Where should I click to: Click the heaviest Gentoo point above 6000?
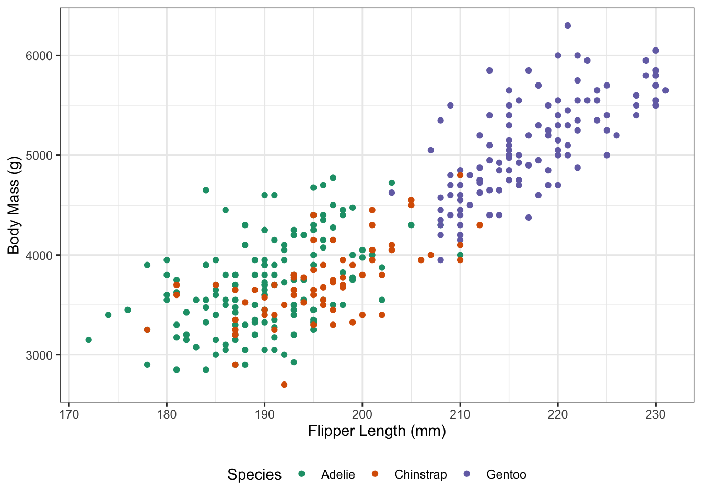(x=568, y=26)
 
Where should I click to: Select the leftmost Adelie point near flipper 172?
(x=89, y=340)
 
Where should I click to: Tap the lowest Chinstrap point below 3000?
(x=284, y=385)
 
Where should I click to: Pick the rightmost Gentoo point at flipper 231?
(x=665, y=90)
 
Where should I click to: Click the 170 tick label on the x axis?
(x=69, y=414)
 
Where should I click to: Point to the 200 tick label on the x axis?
(x=362, y=414)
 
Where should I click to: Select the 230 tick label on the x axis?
(x=656, y=414)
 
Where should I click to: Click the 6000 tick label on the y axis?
(x=39, y=56)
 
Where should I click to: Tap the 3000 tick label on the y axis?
(x=39, y=355)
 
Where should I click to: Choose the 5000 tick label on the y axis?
(x=39, y=156)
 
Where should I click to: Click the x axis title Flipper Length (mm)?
(x=377, y=431)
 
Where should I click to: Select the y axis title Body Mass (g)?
(x=14, y=205)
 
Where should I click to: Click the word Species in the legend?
(x=254, y=474)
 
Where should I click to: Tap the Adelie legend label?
(x=338, y=474)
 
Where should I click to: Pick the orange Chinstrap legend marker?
(x=375, y=474)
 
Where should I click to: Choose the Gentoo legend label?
(x=506, y=474)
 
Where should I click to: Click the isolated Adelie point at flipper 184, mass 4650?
(x=206, y=190)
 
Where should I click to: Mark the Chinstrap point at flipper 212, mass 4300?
(x=479, y=225)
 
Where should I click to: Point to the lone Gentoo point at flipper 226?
(x=616, y=135)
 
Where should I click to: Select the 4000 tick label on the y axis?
(x=39, y=255)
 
